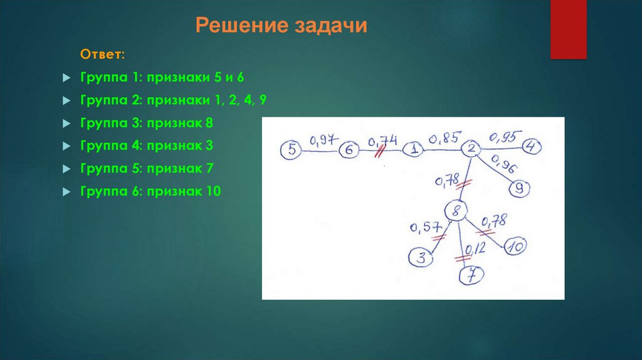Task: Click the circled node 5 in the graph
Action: [x=292, y=149]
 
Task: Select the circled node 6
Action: [x=349, y=151]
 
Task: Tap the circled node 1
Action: [x=413, y=149]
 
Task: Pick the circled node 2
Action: [x=471, y=149]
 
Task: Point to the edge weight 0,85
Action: [x=445, y=137]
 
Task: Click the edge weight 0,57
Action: [x=424, y=227]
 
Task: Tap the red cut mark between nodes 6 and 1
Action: [x=379, y=152]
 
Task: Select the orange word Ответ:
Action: [x=103, y=55]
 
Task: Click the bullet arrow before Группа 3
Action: [x=66, y=124]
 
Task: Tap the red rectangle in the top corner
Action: [x=568, y=29]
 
